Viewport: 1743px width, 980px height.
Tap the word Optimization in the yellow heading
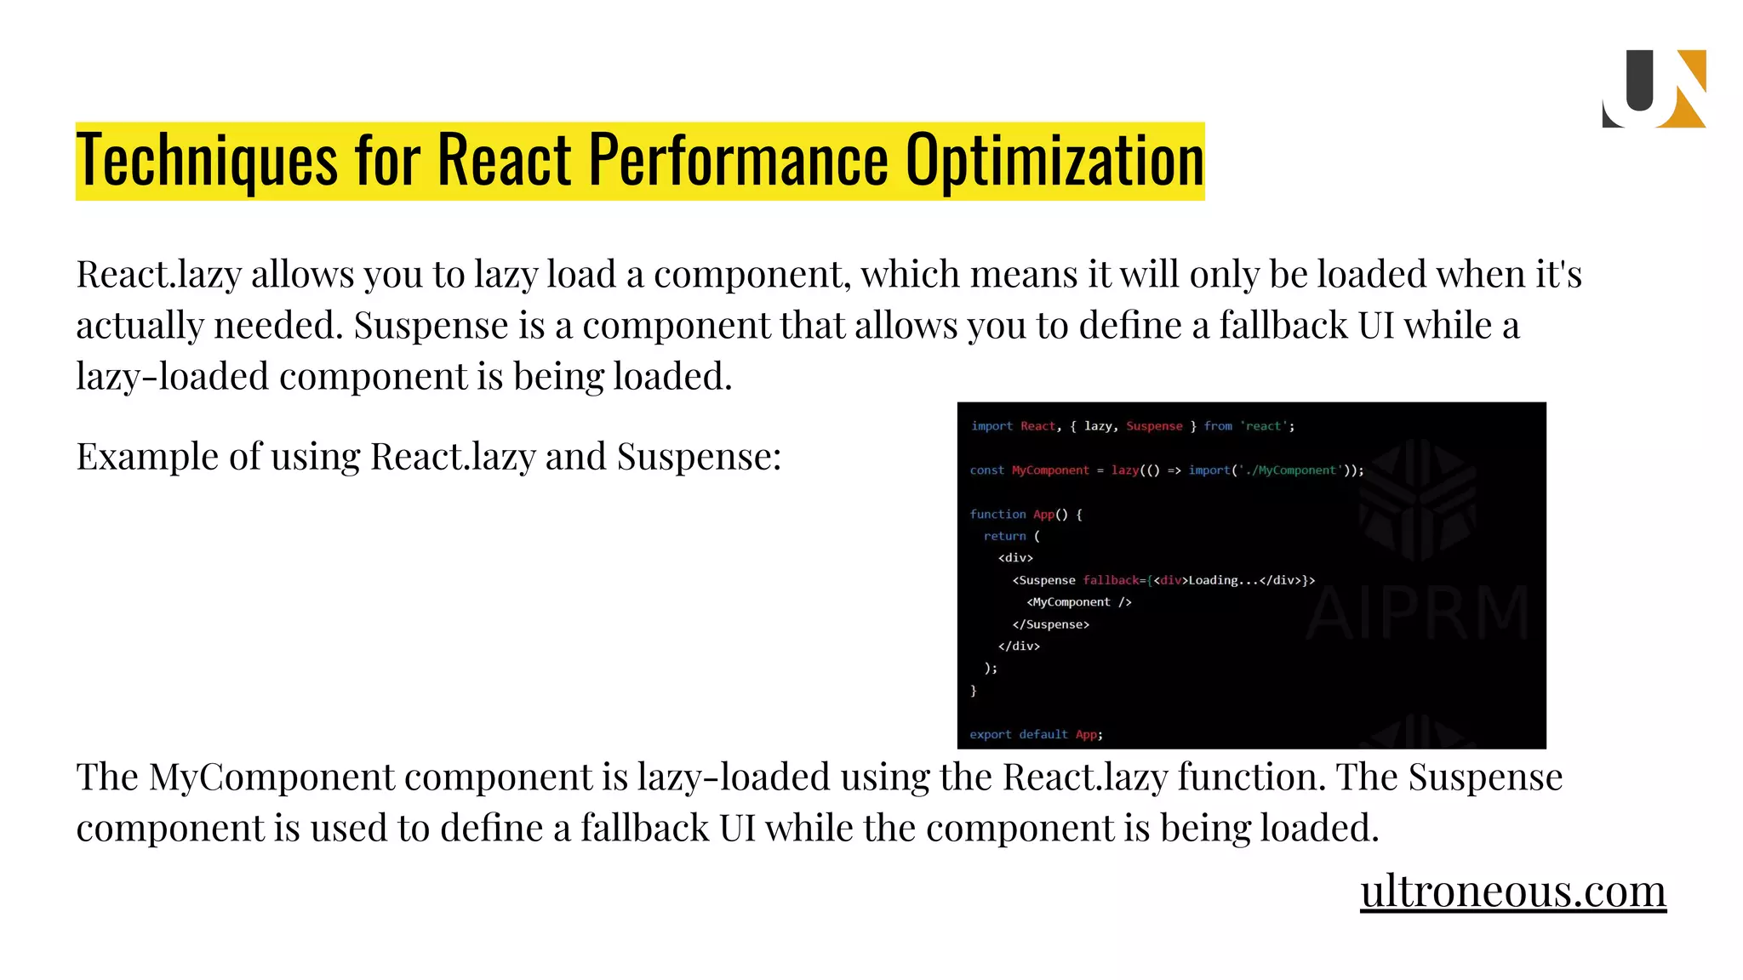[x=1054, y=161]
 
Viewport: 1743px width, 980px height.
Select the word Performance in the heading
[x=739, y=161]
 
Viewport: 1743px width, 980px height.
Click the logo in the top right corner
[x=1654, y=88]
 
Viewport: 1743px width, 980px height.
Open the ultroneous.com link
[x=1512, y=891]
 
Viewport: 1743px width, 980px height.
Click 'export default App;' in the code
[x=1036, y=734]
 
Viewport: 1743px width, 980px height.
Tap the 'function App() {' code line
[x=1026, y=514]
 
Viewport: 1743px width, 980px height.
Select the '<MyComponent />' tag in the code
[x=1078, y=602]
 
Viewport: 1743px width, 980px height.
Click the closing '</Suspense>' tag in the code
[x=1050, y=624]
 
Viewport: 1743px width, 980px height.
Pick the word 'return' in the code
[x=1004, y=536]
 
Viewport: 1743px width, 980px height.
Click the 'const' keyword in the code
[x=986, y=470]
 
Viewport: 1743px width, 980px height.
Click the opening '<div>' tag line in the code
[x=1015, y=558]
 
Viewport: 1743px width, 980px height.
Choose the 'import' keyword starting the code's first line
[x=992, y=425]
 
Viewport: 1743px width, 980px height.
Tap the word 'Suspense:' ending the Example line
[x=699, y=457]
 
